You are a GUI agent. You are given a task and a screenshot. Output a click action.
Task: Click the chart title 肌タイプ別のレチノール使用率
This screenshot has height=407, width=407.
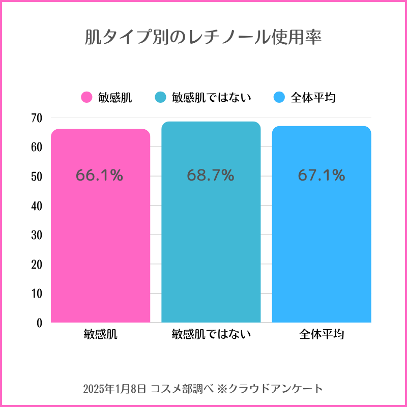(203, 38)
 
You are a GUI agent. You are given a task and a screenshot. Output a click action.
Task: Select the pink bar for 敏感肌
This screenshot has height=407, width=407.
(101, 244)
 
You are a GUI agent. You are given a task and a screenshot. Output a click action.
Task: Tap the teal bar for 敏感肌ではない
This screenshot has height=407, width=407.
(211, 244)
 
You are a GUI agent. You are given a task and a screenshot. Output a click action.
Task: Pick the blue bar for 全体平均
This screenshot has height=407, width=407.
(322, 244)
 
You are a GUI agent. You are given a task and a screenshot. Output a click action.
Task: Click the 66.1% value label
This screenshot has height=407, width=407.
(100, 176)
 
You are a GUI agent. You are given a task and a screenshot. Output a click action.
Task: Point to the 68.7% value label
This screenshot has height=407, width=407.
(211, 176)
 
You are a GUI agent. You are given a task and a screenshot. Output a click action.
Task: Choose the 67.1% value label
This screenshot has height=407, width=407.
(322, 176)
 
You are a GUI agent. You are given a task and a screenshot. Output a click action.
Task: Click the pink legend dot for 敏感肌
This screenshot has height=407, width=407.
(87, 98)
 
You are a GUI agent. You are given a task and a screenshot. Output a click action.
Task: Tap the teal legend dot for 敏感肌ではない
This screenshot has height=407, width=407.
(161, 98)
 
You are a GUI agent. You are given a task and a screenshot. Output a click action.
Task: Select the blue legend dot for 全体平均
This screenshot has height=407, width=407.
(279, 98)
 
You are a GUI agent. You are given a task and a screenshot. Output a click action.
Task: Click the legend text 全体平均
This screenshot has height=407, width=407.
(313, 98)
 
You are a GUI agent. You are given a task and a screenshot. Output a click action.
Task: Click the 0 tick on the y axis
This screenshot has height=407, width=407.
(39, 323)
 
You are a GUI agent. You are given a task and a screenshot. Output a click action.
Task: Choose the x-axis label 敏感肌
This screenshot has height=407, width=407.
(101, 334)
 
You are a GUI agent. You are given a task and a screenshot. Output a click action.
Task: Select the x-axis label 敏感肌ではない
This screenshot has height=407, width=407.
(211, 334)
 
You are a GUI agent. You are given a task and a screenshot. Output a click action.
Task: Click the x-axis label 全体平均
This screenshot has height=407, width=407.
(322, 334)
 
